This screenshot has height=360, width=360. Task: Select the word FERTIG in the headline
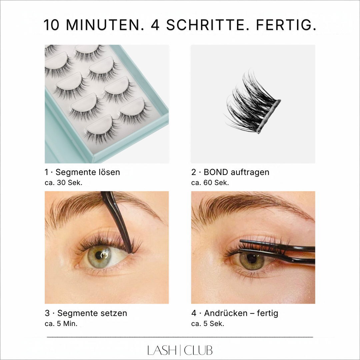[x=284, y=25]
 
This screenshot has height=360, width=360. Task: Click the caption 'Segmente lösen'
[x=88, y=172]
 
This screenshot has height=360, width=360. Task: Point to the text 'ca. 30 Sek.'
[x=63, y=183]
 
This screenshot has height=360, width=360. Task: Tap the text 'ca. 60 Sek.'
[x=210, y=183]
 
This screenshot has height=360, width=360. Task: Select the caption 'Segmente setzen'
[x=92, y=313]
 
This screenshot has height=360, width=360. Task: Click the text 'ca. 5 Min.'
[x=61, y=324]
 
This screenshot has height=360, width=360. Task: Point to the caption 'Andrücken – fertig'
[x=241, y=313]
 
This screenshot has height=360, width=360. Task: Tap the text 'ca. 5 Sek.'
[x=208, y=324]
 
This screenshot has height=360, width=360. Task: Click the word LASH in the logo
[x=162, y=350]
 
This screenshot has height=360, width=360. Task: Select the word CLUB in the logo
[x=198, y=350]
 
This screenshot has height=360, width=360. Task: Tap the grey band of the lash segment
[x=269, y=116]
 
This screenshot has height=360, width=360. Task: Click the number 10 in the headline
[x=52, y=25]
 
